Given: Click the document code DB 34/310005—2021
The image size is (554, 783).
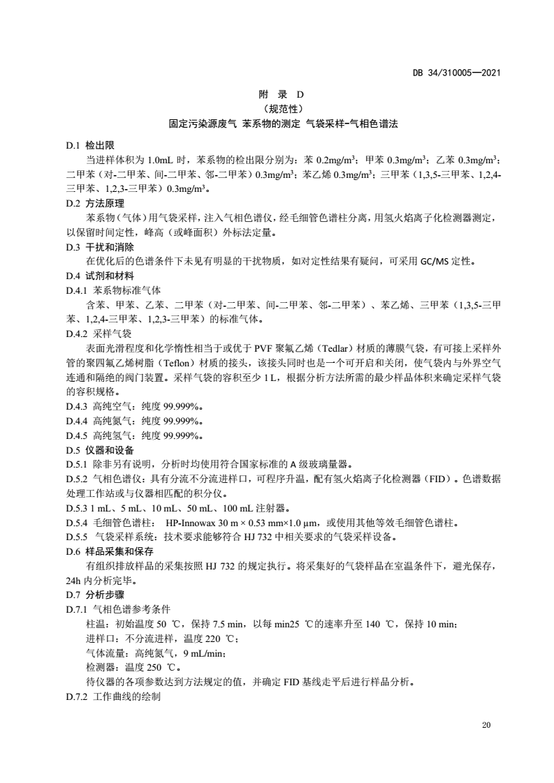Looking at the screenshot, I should coord(457,72).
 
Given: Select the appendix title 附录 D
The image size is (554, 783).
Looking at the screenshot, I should coord(278,94).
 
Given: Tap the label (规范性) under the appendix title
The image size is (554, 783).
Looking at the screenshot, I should coord(278,108).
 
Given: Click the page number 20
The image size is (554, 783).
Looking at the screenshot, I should coord(487,726).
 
